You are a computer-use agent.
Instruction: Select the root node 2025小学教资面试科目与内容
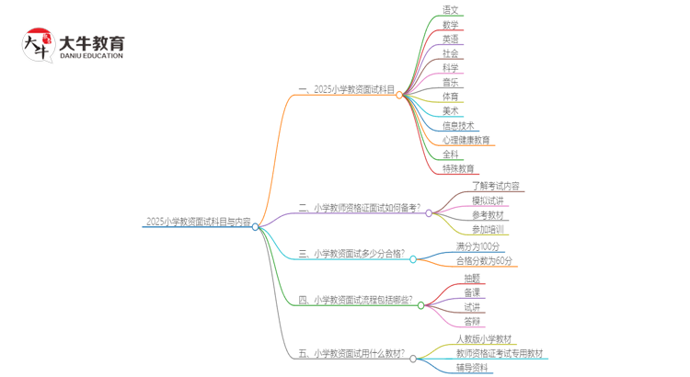coord(198,222)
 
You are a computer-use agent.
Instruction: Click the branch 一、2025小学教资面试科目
coord(347,90)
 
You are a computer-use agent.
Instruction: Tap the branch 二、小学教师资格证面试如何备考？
coord(360,209)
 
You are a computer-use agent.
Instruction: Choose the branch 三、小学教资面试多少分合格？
coord(351,255)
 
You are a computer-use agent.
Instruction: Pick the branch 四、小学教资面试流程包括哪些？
coord(355,301)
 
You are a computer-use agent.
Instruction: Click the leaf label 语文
coord(450,11)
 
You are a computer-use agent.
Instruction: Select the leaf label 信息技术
coord(458,126)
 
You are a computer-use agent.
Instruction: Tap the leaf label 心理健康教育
coord(466,141)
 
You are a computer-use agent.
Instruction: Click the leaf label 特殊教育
coord(458,169)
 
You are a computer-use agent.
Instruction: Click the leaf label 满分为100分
coord(478,246)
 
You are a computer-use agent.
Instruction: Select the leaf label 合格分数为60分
coord(485,261)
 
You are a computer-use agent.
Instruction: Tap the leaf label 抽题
coord(472,278)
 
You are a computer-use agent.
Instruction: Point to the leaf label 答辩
coord(472,322)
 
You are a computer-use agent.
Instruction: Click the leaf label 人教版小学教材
coord(484,339)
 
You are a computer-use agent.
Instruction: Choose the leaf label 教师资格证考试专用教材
coord(500,354)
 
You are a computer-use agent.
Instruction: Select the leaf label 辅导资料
coord(473,368)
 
